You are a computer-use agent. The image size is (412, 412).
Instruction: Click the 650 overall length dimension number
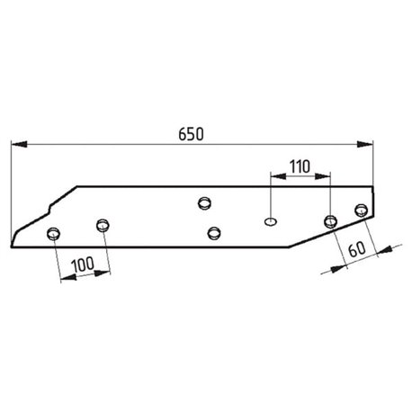click(x=191, y=134)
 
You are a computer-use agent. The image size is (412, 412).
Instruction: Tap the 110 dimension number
click(x=300, y=166)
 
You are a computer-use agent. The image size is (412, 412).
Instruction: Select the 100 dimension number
click(x=83, y=264)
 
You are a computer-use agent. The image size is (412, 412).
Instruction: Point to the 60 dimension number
click(x=357, y=249)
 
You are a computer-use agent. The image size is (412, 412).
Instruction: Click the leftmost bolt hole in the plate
click(x=53, y=233)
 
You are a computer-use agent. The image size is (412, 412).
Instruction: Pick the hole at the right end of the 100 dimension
click(x=103, y=225)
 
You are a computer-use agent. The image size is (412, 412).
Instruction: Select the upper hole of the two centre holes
click(x=204, y=203)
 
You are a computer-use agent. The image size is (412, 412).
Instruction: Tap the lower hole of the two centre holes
click(x=214, y=233)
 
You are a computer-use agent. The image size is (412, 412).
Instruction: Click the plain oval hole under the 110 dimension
click(x=270, y=221)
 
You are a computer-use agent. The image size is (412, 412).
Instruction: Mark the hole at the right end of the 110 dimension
click(x=330, y=221)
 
